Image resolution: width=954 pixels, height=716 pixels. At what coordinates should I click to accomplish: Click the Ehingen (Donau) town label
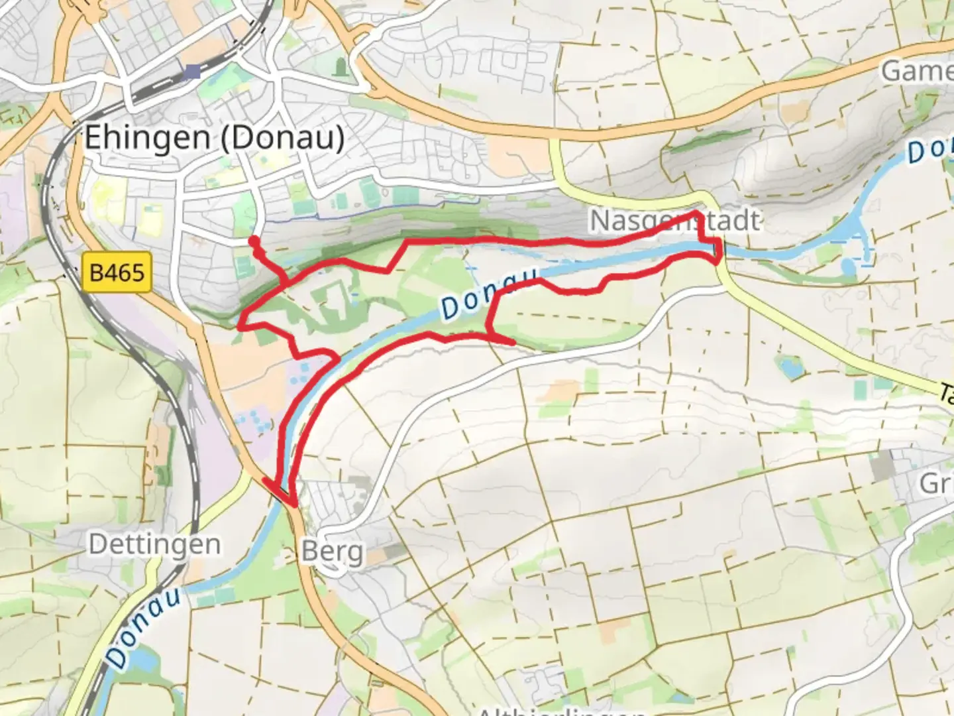(x=214, y=138)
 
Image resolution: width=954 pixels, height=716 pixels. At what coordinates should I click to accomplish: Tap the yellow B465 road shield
(x=117, y=272)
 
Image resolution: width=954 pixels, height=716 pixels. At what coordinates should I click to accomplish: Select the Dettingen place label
(x=155, y=545)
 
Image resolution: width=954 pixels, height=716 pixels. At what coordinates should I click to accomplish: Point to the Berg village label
(x=332, y=552)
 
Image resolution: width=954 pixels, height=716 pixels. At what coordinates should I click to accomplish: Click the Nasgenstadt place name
(x=674, y=221)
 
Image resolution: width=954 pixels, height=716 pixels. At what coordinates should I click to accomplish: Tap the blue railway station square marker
(x=193, y=72)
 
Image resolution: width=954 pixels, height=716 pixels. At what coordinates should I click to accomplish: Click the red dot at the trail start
(x=253, y=240)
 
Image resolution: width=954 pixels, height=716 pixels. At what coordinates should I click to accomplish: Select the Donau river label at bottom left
(x=143, y=626)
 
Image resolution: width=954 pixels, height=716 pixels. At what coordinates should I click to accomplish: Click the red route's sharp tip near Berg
(x=292, y=506)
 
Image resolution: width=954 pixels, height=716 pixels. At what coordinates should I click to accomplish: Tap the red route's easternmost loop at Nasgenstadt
(x=718, y=252)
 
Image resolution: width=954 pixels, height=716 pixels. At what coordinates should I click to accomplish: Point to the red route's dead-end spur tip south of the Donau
(x=514, y=342)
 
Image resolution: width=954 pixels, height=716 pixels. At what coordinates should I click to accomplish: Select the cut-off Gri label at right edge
(x=935, y=484)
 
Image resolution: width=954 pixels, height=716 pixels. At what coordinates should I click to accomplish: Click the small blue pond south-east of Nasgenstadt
(x=789, y=367)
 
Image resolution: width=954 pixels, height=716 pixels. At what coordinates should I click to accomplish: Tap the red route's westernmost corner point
(x=240, y=326)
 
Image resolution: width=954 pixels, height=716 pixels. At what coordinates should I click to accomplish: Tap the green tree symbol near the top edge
(x=341, y=67)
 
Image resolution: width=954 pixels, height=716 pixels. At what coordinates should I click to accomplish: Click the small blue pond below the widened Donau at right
(x=849, y=267)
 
